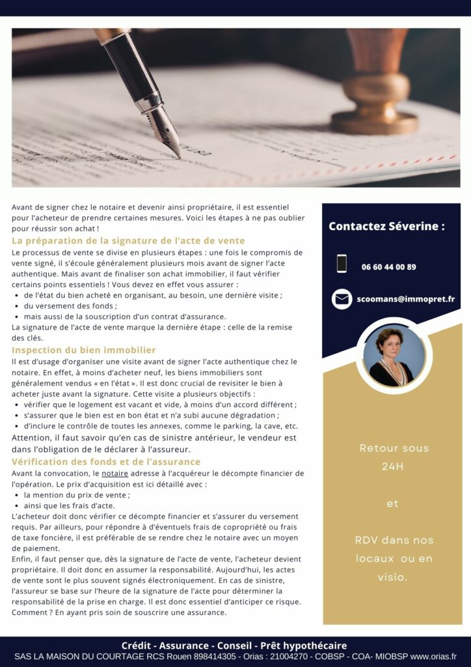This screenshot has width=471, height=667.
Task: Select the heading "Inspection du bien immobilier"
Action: click(x=84, y=350)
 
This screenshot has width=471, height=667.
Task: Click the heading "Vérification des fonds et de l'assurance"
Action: click(x=106, y=462)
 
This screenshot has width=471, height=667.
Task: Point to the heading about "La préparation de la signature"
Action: click(x=128, y=241)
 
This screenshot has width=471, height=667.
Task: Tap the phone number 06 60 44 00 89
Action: click(x=389, y=267)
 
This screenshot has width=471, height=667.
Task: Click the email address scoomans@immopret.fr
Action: click(x=405, y=299)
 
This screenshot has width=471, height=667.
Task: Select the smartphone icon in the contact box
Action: click(x=342, y=264)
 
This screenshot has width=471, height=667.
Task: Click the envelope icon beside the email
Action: click(x=342, y=299)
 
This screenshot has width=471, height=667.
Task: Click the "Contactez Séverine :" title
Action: click(x=386, y=227)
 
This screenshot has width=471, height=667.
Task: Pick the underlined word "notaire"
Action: click(x=114, y=473)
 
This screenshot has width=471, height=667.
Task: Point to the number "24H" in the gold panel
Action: click(x=392, y=466)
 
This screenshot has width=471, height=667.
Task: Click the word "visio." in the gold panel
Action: click(x=392, y=577)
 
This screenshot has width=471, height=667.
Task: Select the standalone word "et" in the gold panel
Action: click(x=392, y=504)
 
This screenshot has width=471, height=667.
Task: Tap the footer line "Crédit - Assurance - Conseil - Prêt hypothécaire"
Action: click(x=234, y=646)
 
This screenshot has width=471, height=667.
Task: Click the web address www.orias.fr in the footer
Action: click(x=433, y=657)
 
